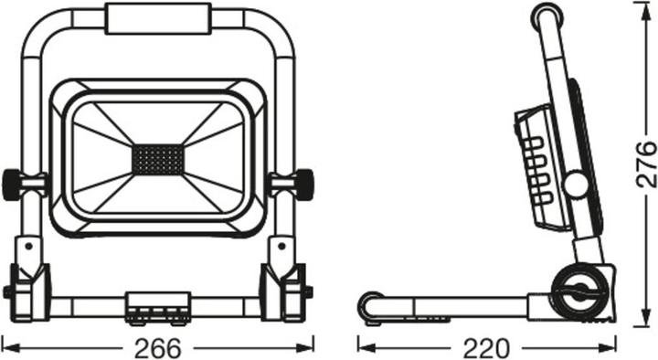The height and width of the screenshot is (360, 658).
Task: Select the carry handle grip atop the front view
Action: [160, 17]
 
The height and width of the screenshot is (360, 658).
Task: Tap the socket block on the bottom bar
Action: [159, 306]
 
